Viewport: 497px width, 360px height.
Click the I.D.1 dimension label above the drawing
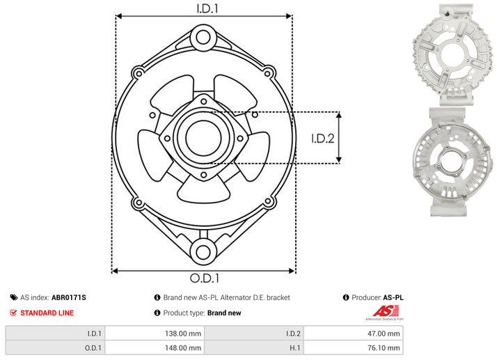coord(207,8)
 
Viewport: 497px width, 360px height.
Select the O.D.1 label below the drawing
coord(205,279)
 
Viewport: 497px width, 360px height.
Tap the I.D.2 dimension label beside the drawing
coord(323,139)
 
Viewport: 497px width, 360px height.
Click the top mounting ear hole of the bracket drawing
coord(203,38)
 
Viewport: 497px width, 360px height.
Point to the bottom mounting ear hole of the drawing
coord(203,252)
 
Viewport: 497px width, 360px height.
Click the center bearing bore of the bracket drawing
coord(203,138)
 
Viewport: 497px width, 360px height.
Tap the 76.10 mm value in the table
coord(384,348)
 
